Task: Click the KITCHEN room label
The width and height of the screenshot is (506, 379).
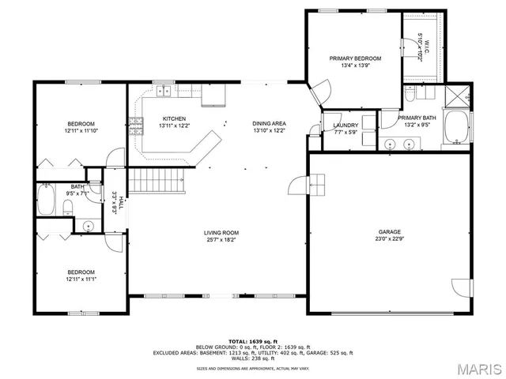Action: coord(174,118)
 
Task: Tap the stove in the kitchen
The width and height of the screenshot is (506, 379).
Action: coord(136,124)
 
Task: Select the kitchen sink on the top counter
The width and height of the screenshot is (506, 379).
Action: coord(165,92)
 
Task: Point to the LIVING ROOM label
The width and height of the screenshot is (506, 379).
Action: coord(221,232)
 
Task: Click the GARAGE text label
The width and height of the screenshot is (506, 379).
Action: coord(389,232)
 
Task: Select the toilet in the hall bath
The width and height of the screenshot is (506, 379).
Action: coord(69,208)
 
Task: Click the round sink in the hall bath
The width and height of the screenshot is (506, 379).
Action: coord(88,225)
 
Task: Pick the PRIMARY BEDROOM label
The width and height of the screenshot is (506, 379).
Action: coord(355,58)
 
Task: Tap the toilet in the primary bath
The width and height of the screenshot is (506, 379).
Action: coord(410,94)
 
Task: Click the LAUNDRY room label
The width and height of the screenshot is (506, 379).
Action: coord(346,125)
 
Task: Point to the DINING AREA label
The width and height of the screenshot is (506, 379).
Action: coord(269,124)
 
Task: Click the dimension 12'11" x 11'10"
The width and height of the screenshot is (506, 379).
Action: coord(81,131)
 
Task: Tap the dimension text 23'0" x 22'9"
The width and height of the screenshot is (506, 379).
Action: coord(389,240)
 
